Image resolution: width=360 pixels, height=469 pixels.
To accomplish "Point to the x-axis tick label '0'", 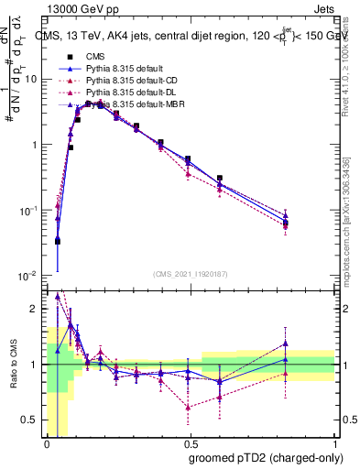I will coord(46,444).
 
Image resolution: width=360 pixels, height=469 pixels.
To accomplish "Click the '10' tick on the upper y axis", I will coord(31,79).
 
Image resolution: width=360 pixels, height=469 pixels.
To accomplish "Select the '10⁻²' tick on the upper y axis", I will coord(29,276).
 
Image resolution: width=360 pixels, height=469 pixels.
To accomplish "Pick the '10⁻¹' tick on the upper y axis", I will coord(29,211).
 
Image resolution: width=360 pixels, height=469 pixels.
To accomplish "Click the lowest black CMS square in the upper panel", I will coord(57,241).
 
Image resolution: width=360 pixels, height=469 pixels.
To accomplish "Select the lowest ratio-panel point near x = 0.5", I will coord(188,407).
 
